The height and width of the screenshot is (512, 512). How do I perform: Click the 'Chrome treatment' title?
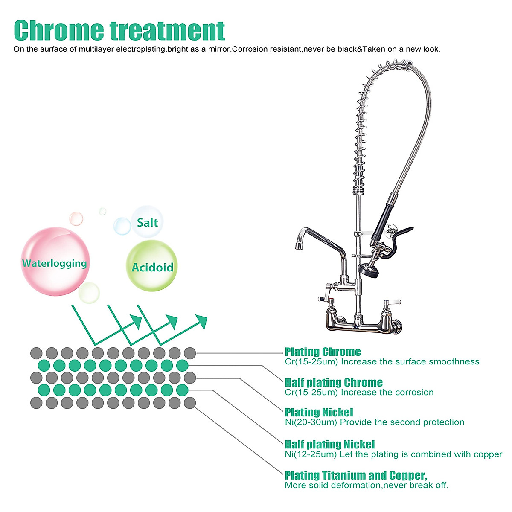point(119,30)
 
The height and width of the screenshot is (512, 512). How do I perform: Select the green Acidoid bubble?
point(152,267)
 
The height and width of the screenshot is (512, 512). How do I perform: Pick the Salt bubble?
point(147,222)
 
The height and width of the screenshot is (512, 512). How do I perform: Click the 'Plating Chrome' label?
point(323,352)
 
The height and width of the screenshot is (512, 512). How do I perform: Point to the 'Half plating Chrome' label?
point(334,382)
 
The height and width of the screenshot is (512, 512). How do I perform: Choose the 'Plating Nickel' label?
point(319,412)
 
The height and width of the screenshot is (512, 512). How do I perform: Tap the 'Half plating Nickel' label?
point(330,445)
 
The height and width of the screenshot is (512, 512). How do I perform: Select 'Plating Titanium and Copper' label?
point(356,475)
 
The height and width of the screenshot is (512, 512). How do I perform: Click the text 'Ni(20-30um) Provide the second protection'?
point(374,422)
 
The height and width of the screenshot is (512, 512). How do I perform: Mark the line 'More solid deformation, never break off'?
point(367,486)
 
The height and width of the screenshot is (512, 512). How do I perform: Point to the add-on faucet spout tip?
point(298,245)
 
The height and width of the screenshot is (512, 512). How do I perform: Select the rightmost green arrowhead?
point(201,321)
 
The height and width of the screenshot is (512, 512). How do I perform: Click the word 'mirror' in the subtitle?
point(219,49)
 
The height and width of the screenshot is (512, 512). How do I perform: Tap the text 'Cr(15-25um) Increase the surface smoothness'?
point(382,362)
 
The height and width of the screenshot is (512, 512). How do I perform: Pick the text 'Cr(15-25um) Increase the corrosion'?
point(359,393)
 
